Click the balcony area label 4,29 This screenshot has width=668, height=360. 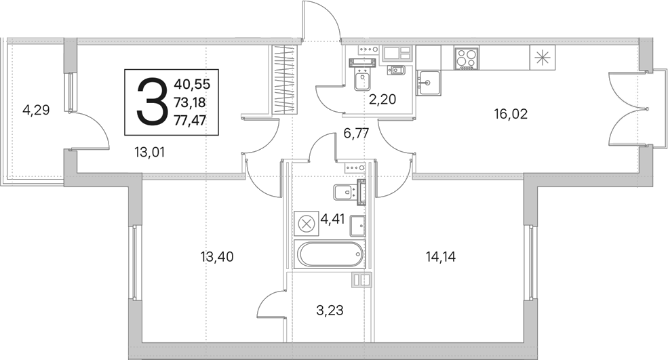(36, 111)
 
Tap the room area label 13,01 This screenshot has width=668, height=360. (149, 152)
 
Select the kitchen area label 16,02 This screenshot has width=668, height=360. (511, 114)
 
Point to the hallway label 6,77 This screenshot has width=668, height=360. (356, 134)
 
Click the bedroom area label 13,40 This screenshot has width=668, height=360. (217, 257)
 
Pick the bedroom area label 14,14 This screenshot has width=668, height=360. (441, 257)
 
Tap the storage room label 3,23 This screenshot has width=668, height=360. (330, 310)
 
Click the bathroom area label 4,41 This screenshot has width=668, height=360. (332, 220)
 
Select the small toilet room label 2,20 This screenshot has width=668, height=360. (382, 100)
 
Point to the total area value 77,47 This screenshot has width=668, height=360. (190, 121)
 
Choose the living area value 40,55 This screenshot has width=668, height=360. (192, 84)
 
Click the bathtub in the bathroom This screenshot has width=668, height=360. (330, 255)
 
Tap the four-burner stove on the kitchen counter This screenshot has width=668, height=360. (467, 58)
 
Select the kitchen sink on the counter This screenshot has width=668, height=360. (429, 83)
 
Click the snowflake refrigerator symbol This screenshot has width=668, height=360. (543, 58)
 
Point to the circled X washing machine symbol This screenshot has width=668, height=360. (306, 224)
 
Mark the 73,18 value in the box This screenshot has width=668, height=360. (190, 102)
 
